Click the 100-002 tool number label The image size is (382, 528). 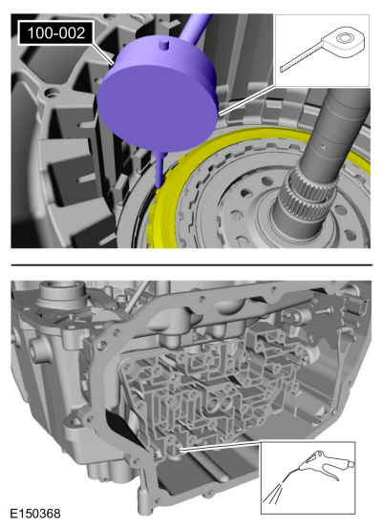click(x=56, y=33)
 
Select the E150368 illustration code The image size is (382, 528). click(x=35, y=514)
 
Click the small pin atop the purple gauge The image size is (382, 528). click(x=163, y=44)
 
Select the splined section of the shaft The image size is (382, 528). click(x=308, y=194)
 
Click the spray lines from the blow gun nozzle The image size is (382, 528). click(x=273, y=493)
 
